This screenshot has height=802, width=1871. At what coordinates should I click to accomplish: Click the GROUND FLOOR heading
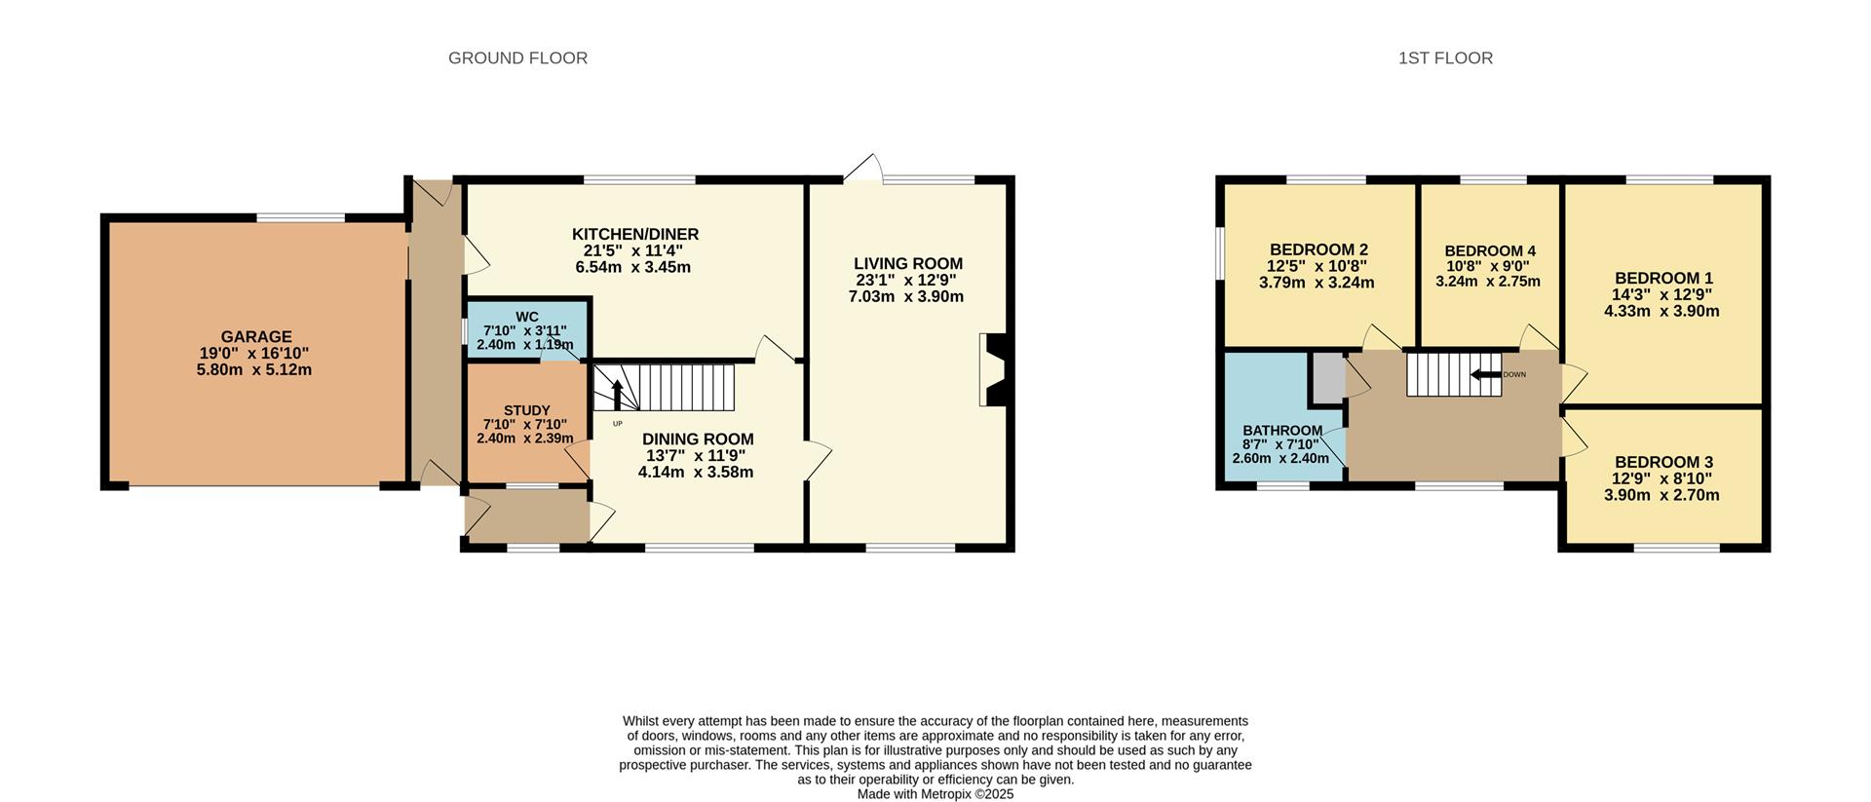(x=517, y=58)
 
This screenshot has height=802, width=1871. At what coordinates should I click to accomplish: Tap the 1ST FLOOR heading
(x=1445, y=58)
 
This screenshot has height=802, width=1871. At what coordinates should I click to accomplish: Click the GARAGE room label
(x=255, y=337)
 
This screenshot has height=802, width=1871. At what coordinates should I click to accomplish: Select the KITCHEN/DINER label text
(x=634, y=235)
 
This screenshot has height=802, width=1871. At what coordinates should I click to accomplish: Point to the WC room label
(x=526, y=317)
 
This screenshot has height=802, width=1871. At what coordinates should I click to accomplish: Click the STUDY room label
(x=526, y=410)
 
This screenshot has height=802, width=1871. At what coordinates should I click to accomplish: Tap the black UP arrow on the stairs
(x=617, y=396)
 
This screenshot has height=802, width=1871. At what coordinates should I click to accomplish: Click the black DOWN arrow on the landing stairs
(x=1485, y=375)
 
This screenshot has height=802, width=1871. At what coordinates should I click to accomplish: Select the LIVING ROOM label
(x=907, y=264)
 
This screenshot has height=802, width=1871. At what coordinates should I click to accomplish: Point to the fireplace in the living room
(x=997, y=370)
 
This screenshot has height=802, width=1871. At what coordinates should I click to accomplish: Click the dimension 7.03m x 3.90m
(x=905, y=296)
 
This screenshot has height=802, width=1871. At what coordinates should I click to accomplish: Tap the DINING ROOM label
(x=697, y=439)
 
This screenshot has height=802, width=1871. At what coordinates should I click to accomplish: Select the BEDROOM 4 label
(x=1489, y=251)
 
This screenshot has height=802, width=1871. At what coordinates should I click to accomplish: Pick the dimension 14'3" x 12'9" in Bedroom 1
(x=1661, y=294)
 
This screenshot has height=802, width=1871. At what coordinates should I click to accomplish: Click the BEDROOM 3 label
(x=1662, y=462)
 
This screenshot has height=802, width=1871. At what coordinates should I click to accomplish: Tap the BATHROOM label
(x=1281, y=431)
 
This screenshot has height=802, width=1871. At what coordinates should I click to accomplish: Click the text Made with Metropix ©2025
(x=935, y=794)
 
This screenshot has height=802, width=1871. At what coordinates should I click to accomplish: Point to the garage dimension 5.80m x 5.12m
(x=253, y=370)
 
